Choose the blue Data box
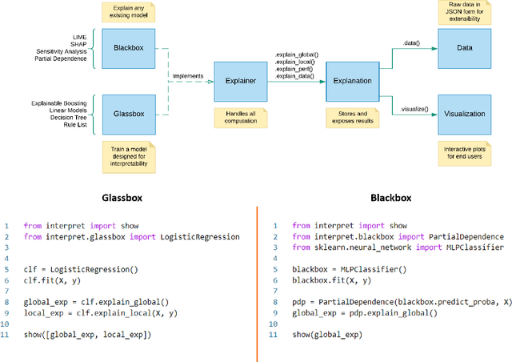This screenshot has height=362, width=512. (x=464, y=47)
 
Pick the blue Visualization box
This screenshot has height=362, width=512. (x=464, y=114)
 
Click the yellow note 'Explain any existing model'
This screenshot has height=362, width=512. (x=129, y=12)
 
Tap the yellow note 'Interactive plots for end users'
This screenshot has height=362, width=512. (x=464, y=152)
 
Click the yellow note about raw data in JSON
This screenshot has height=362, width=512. (x=464, y=12)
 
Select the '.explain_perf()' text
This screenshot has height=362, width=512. (x=294, y=69)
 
